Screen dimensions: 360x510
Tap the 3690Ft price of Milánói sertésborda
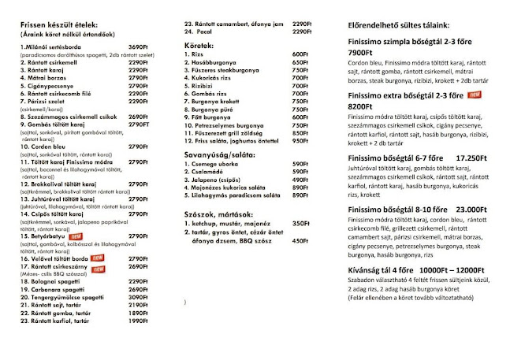click(138, 47)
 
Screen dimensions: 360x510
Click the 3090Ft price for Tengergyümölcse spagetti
click(138, 298)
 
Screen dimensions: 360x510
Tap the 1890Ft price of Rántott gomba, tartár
click(138, 313)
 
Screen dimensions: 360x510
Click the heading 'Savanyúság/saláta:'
click(220, 154)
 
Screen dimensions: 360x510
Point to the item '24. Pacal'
click(199, 32)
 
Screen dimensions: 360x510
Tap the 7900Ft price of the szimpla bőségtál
click(362, 53)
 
